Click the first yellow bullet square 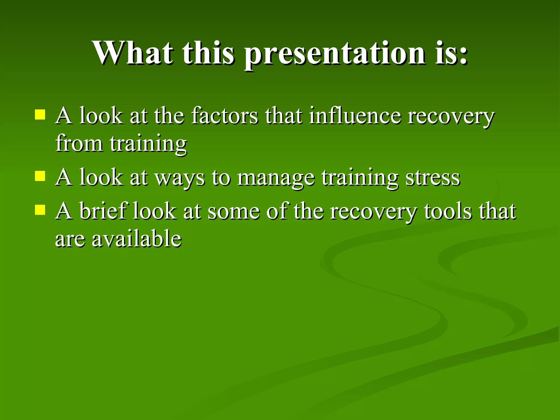tap(40, 115)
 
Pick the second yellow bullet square tap(40, 176)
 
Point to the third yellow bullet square tap(40, 210)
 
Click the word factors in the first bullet tap(224, 116)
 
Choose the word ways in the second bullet tap(180, 178)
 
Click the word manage tap(276, 178)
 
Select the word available tap(136, 238)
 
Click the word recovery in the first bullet tap(451, 116)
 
